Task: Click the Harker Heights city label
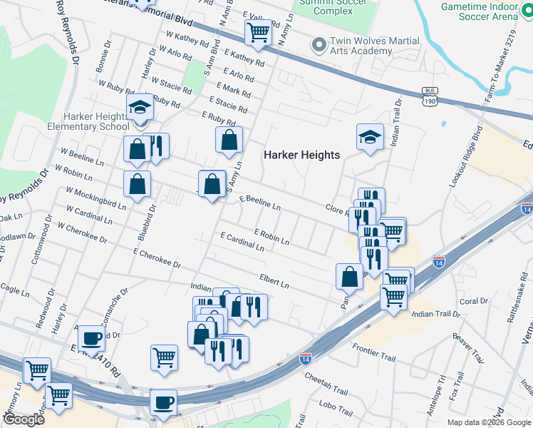[302, 155]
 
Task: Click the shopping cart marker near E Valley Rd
[257, 32]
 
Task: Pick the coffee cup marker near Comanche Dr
[91, 338]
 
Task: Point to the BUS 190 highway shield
[428, 94]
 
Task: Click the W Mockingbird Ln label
[95, 198]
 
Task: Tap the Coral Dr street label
[475, 301]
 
